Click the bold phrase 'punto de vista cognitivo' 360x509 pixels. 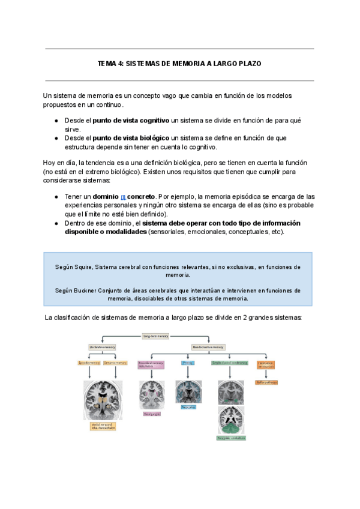pos(131,120)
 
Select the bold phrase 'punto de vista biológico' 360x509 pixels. pos(131,137)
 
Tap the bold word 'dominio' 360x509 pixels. pos(106,196)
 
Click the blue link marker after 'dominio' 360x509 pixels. pos(123,197)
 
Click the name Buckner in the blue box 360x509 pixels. pos(91,290)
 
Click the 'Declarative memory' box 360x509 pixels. pos(103,347)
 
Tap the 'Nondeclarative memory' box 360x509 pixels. pos(208,347)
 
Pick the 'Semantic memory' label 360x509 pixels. pos(115,363)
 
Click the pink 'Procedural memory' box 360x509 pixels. pos(151,364)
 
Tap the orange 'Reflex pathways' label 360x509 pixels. pos(267,382)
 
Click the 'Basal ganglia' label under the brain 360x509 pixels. pos(151,414)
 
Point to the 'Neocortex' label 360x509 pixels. pos(188,406)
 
